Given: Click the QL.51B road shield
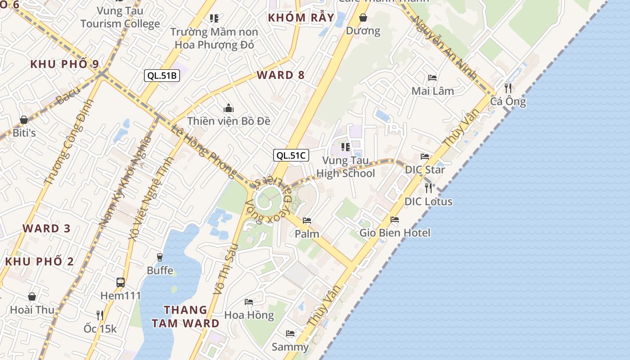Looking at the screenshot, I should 162,76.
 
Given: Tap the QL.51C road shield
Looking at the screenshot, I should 291,156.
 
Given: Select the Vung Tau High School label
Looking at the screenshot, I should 346,167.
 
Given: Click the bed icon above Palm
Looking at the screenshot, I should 307,220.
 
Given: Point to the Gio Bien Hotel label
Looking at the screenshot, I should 395,233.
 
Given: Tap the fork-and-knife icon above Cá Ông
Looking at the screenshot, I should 508,88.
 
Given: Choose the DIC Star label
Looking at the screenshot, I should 425,170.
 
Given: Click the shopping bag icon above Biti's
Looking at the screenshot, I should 24,120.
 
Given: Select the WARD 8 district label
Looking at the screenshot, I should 281,75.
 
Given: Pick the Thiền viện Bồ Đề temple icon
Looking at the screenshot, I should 229,108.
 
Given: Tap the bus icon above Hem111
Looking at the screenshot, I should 121,283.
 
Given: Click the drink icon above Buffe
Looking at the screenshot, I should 159,257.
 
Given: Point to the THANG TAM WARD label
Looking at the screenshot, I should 185,316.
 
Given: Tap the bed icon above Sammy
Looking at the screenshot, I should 290,333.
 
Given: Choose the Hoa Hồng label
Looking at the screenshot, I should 249,315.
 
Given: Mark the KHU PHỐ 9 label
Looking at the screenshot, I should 65,64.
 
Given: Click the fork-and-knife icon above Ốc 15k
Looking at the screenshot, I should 100,315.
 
